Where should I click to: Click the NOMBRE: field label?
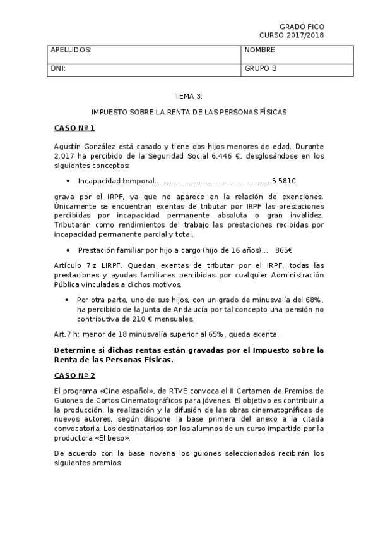click(261, 50)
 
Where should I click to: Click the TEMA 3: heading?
click(189, 95)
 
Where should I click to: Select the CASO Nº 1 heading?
click(74, 128)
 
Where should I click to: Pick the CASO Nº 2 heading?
click(74, 375)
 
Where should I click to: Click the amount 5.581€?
click(284, 181)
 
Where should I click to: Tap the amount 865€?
click(283, 250)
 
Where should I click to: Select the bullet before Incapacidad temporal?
click(68, 181)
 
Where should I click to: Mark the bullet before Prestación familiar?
click(68, 250)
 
